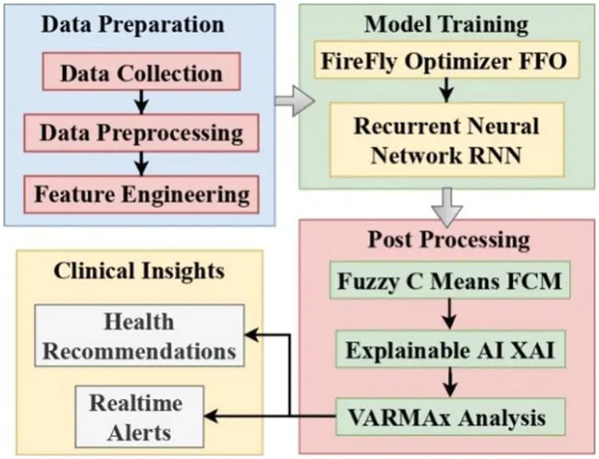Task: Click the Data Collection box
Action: pos(142,74)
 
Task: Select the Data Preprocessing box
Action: pos(142,132)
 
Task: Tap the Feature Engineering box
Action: pos(142,194)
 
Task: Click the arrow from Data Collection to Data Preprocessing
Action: pos(142,102)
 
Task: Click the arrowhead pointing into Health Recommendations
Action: pos(252,337)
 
